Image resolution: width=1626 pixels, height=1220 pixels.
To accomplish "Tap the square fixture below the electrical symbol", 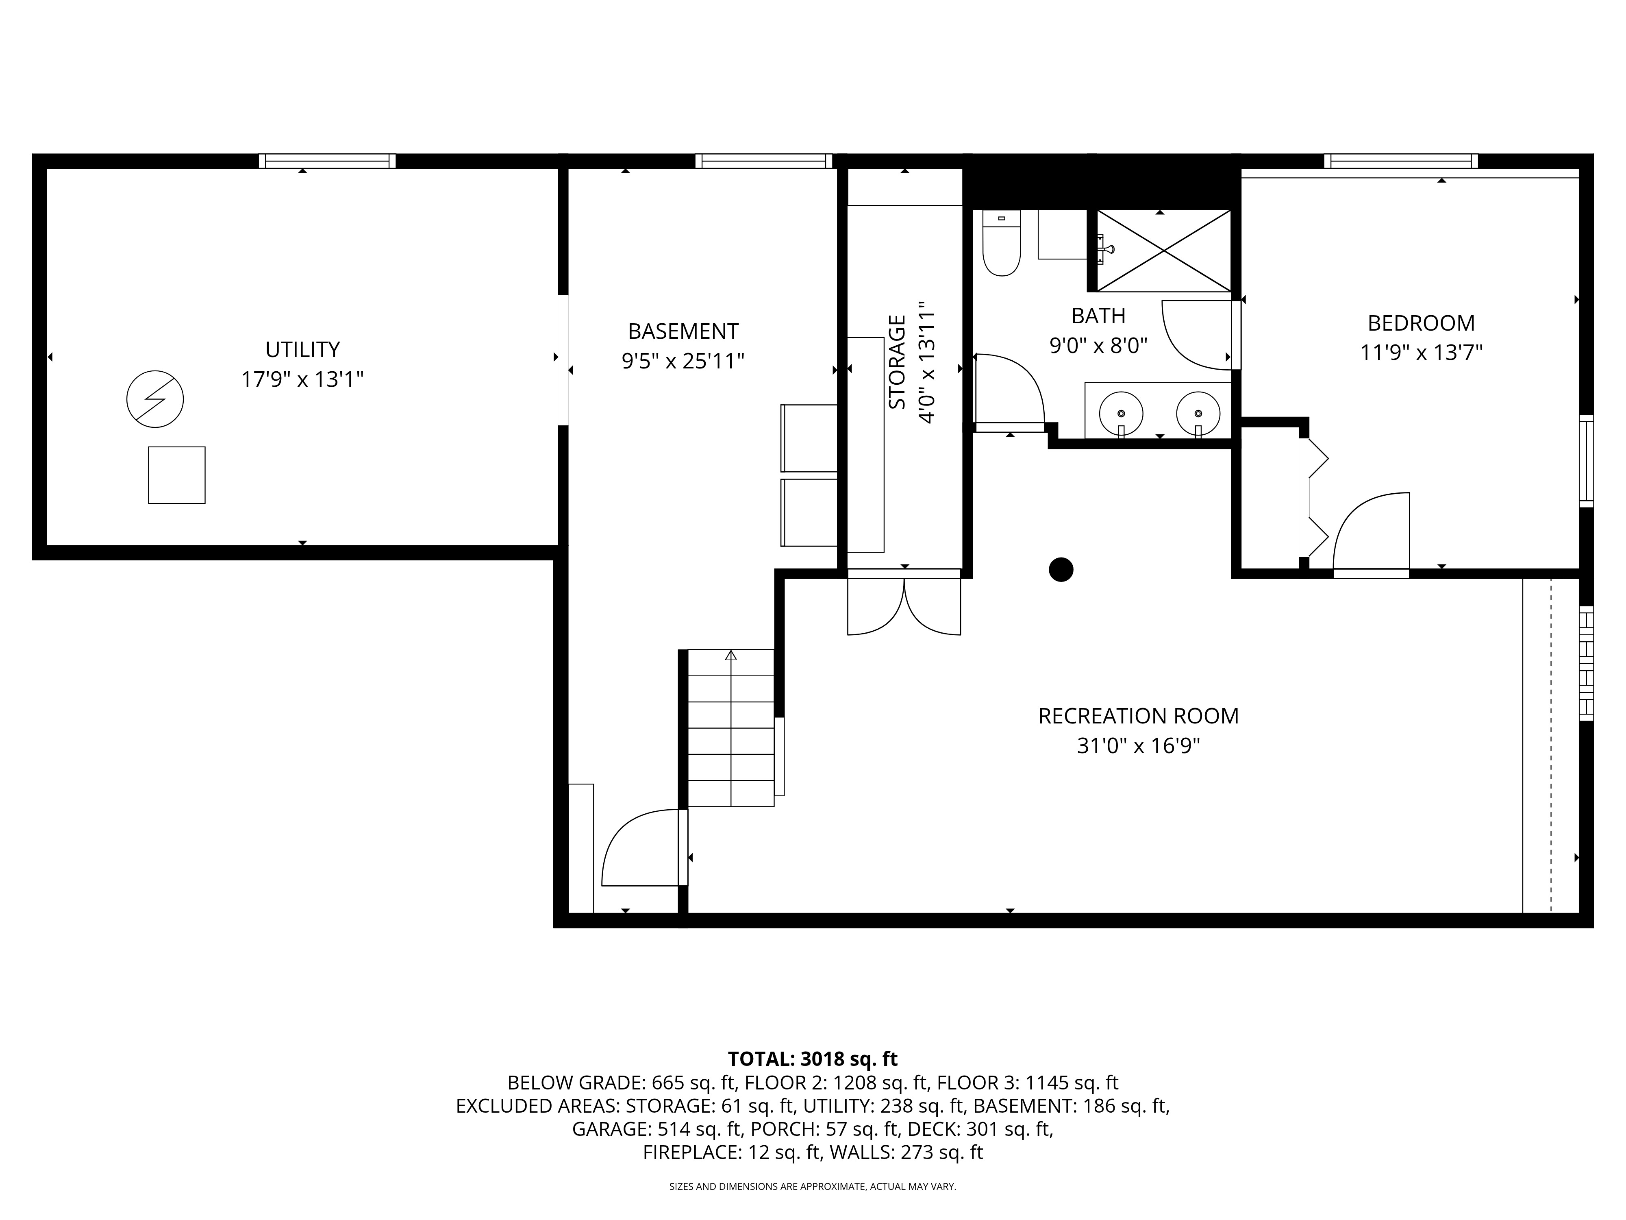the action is (x=176, y=475).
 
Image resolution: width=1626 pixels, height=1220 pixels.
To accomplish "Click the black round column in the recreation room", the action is (x=1061, y=569).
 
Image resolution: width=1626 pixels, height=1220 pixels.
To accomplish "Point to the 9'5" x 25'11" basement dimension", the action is (x=683, y=361).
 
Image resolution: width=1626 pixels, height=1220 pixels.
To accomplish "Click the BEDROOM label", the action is (x=1421, y=323).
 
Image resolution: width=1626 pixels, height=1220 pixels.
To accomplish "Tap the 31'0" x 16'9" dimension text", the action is (x=1138, y=746).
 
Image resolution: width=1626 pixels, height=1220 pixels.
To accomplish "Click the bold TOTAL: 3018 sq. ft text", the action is (x=812, y=1059).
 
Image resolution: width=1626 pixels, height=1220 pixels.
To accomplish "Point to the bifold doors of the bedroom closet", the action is (x=1316, y=498).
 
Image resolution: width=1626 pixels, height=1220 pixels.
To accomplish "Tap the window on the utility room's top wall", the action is (x=327, y=161).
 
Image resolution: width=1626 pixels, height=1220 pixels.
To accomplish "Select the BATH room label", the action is (x=1098, y=316).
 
